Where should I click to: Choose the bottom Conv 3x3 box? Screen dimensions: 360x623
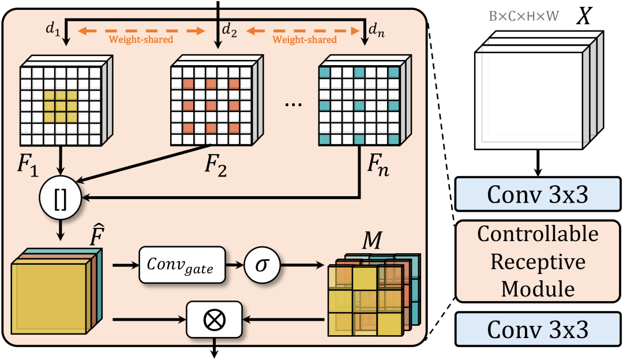pos(538,329)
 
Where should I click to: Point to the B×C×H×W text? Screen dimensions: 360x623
pos(523,17)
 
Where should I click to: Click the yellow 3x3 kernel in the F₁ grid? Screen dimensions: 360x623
pos(61,106)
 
